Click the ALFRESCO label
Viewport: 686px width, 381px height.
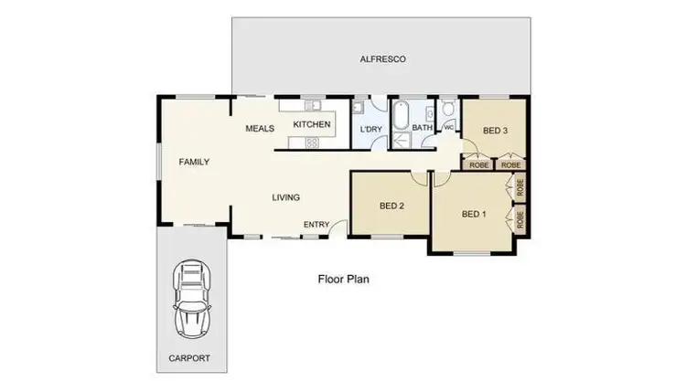(382, 58)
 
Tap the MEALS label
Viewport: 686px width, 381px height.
(260, 129)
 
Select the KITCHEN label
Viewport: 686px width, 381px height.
(311, 123)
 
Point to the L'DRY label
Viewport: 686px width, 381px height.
(370, 130)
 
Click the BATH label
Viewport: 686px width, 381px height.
(421, 128)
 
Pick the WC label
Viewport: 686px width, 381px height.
(448, 128)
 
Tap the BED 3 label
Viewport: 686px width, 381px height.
(494, 131)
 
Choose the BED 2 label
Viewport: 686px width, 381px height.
(391, 205)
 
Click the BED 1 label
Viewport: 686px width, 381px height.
(474, 215)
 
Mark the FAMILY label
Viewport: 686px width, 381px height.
(194, 162)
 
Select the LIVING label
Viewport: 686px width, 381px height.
(285, 197)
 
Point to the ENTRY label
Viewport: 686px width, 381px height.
(317, 224)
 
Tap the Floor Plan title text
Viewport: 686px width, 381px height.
(343, 279)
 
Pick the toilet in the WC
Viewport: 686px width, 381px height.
(447, 111)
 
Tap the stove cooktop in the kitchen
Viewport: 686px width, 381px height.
(312, 142)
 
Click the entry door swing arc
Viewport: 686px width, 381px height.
(338, 227)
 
